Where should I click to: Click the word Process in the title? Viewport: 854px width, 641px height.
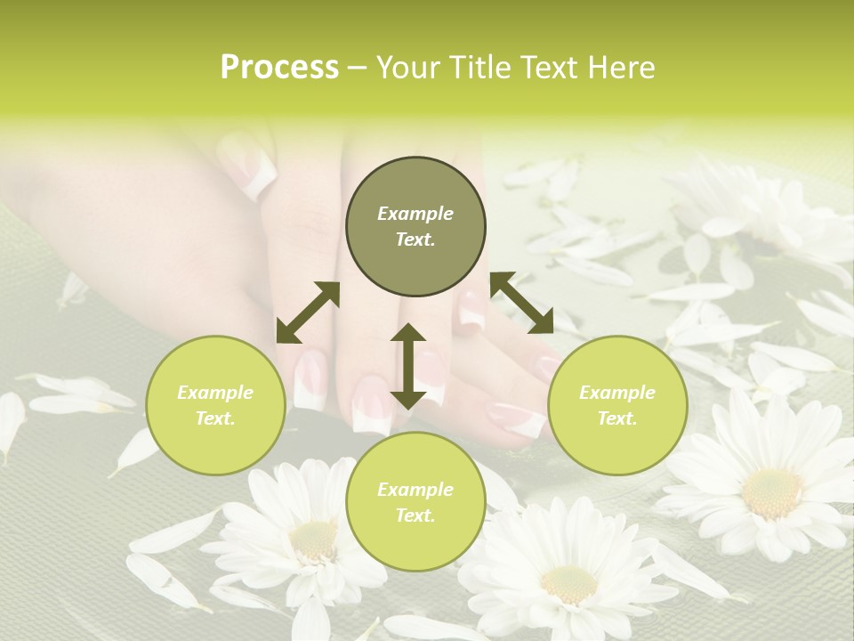click(x=279, y=68)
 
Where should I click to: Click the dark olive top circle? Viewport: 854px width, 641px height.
click(x=415, y=227)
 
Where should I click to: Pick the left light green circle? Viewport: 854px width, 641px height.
click(x=215, y=405)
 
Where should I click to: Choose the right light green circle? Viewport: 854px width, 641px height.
click(x=617, y=405)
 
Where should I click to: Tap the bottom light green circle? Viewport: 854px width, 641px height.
click(x=415, y=502)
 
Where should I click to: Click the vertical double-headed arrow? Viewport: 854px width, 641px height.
click(x=408, y=366)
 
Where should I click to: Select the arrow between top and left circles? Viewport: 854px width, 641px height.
click(x=308, y=312)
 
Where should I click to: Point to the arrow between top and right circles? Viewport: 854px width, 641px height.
click(x=522, y=303)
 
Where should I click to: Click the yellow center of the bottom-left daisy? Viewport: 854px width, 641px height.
click(x=313, y=538)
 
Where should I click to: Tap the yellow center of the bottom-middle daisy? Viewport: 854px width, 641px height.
click(x=568, y=583)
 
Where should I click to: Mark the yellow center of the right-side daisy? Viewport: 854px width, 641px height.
click(x=772, y=491)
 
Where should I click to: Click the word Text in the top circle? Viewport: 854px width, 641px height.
click(x=415, y=239)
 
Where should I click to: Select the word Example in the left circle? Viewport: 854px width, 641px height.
click(x=215, y=393)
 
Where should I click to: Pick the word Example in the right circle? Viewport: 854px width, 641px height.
click(x=617, y=393)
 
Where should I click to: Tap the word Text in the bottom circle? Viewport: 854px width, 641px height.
click(x=415, y=515)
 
